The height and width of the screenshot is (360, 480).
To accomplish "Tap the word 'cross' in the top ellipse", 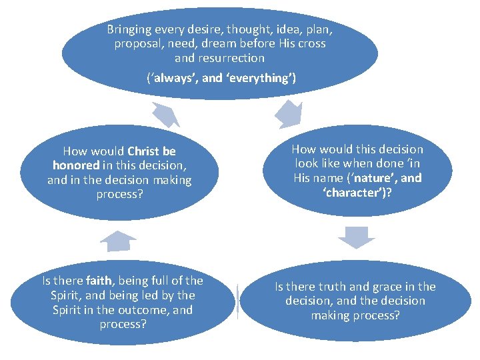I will click(311, 43).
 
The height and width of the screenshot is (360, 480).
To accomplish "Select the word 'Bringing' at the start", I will click(129, 30).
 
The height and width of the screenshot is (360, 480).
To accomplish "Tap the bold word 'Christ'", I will click(143, 151).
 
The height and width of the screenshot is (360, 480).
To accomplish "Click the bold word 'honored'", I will click(76, 165).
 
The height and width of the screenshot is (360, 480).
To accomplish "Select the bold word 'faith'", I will click(99, 281).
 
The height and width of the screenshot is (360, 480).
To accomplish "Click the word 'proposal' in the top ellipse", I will click(137, 43).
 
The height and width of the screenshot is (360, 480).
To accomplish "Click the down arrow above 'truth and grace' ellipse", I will click(356, 237).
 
